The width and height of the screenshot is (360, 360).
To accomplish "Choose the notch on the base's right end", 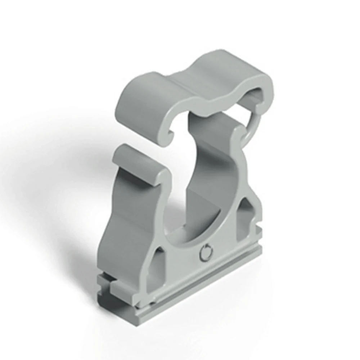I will [260, 230].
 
